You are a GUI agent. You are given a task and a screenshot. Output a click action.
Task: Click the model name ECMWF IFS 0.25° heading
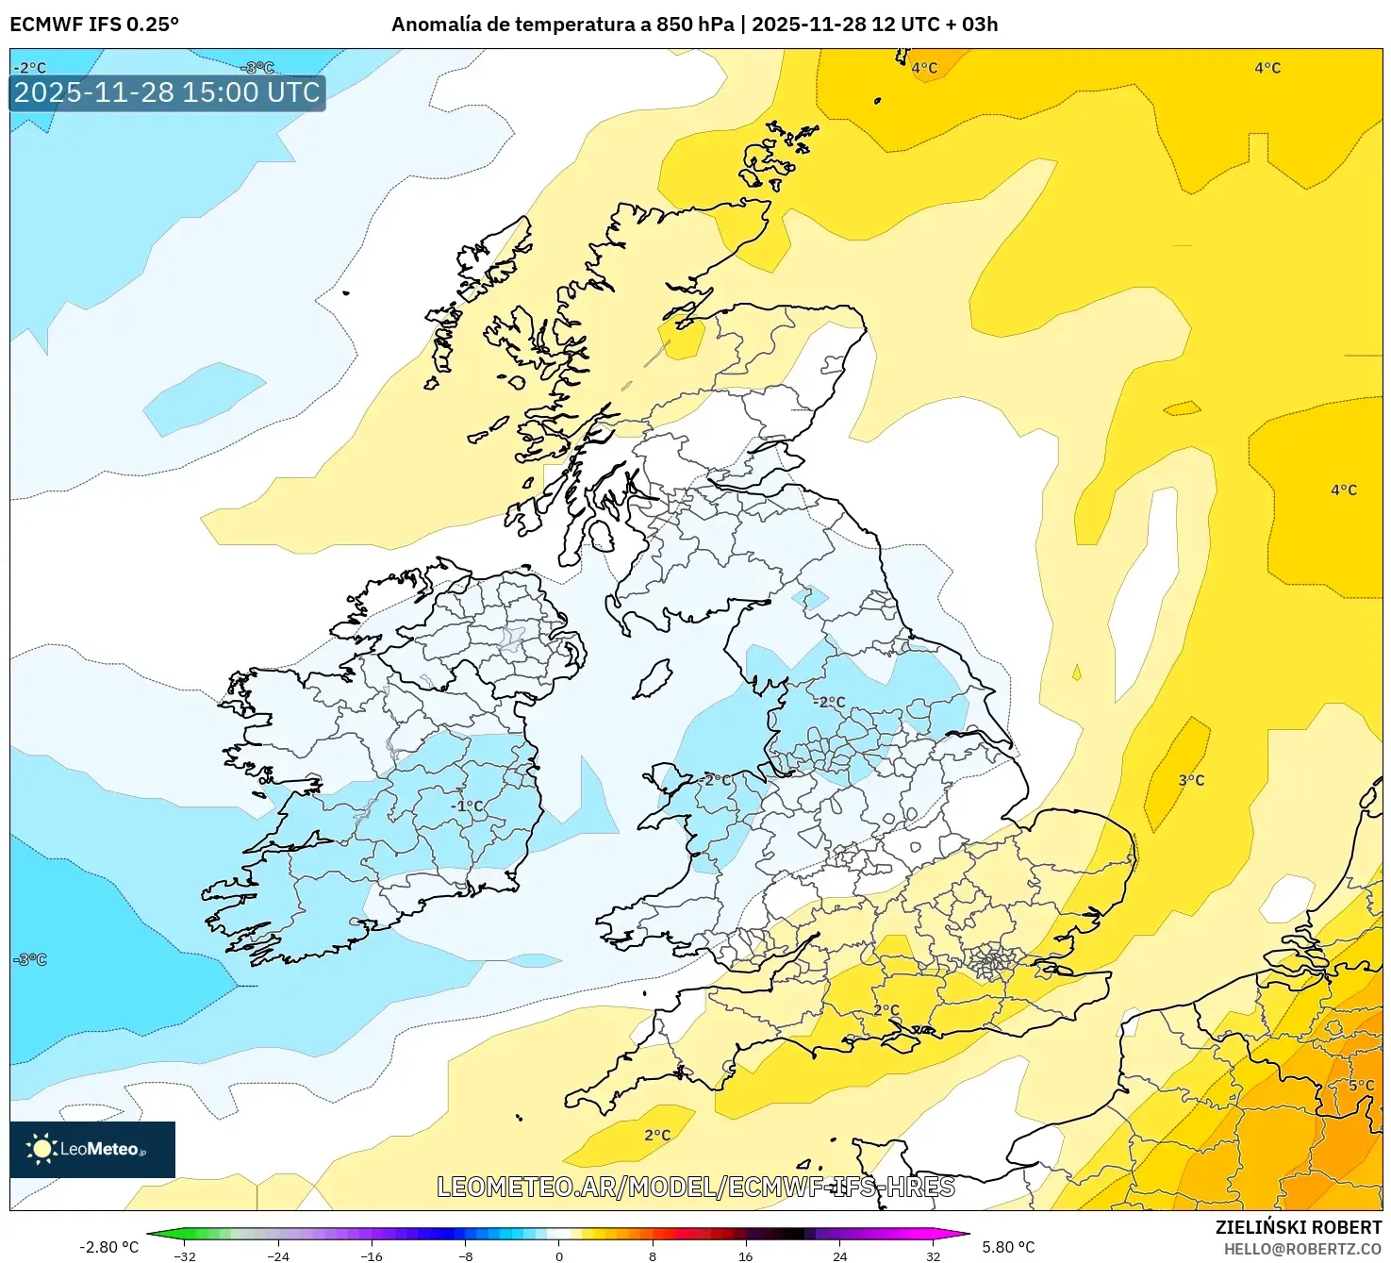point(94,25)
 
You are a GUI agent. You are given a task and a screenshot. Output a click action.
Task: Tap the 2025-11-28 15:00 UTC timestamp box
point(167,92)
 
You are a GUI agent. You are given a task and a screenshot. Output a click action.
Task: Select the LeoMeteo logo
point(91,1149)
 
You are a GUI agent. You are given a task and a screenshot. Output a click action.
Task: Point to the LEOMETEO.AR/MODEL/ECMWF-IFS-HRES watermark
point(696,1187)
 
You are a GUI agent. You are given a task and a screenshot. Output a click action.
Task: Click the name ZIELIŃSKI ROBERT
point(1299,1227)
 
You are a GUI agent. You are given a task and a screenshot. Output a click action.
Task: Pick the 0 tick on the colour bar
point(559,1255)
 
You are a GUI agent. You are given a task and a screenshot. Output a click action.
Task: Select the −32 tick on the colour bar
point(185,1255)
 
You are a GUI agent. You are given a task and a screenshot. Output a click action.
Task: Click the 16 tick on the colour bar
point(745,1255)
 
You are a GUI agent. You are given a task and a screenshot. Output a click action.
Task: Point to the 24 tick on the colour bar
point(839,1255)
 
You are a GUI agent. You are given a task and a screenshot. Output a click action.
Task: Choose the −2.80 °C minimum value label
point(108,1247)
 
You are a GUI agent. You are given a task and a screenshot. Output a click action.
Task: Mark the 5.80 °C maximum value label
point(1008,1247)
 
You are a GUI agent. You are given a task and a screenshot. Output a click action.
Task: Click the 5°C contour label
point(1361,1085)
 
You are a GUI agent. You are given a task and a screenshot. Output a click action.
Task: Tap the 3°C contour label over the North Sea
point(1191,780)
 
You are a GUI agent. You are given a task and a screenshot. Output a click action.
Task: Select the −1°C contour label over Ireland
point(467,806)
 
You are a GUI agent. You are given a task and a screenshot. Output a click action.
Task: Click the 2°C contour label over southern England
point(886,1009)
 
